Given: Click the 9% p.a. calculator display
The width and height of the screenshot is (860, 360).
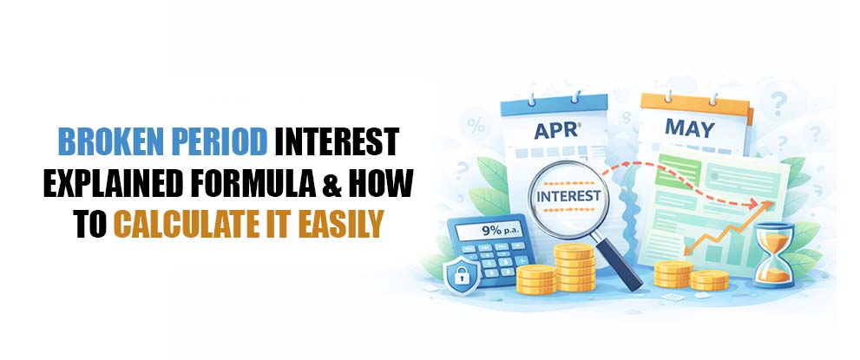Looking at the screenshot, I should (x=491, y=232).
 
